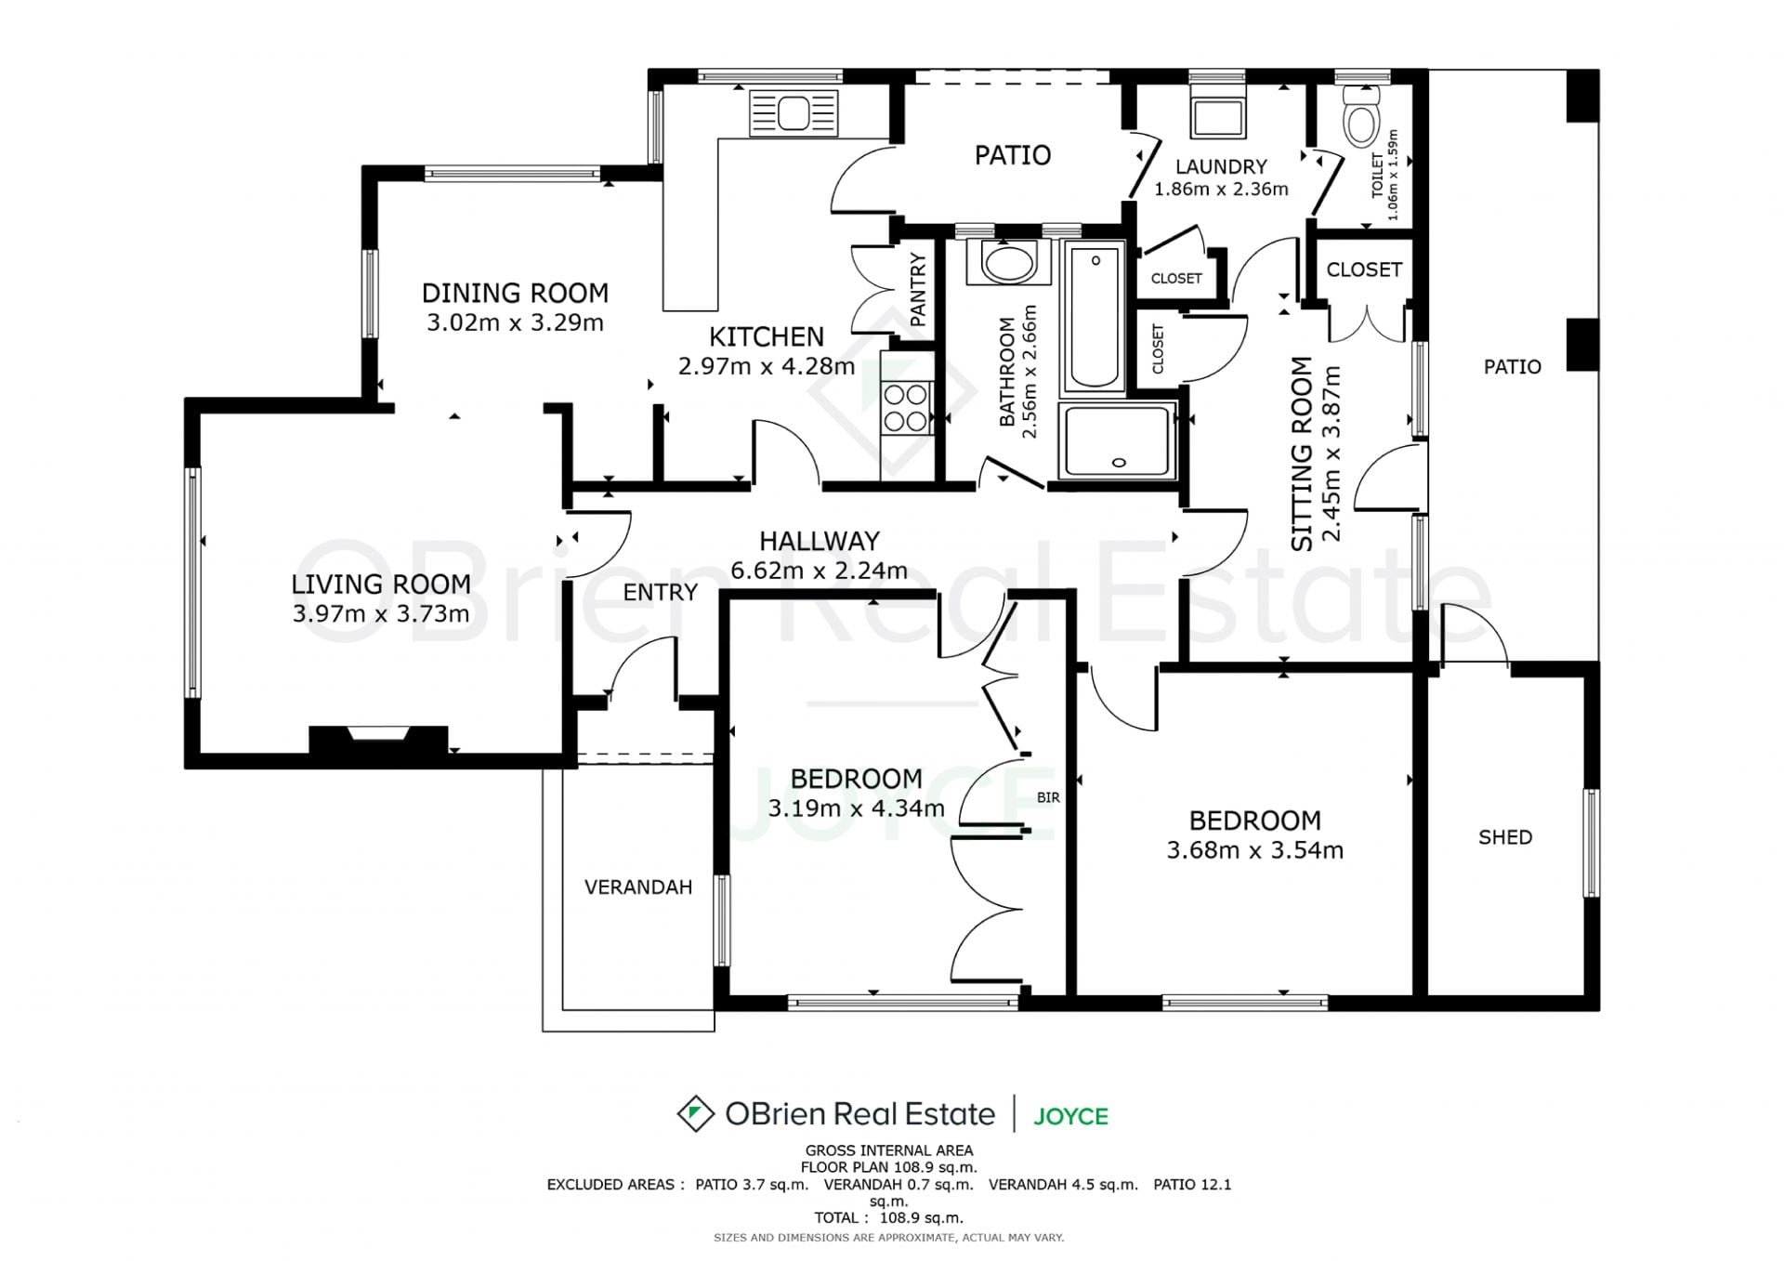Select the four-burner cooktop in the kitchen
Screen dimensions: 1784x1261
(x=905, y=408)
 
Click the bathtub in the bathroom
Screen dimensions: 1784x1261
(x=1094, y=317)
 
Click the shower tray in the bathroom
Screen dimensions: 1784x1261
(x=1118, y=441)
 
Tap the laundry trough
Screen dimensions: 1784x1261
(x=1217, y=114)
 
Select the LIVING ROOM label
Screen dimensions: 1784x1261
(x=381, y=584)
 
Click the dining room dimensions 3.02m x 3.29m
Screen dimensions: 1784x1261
(x=515, y=322)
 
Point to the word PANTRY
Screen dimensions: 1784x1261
(x=918, y=290)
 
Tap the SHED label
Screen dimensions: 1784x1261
(x=1505, y=837)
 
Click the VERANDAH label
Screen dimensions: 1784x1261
(x=638, y=887)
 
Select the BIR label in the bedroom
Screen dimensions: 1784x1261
(x=1048, y=797)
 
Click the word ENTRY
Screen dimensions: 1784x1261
(x=660, y=592)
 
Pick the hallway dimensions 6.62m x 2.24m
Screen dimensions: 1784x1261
(x=819, y=571)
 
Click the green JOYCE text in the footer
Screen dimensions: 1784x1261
(x=1071, y=1116)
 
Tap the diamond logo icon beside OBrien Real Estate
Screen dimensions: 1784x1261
(x=695, y=1113)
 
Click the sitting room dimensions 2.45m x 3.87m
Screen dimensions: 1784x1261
(x=1331, y=453)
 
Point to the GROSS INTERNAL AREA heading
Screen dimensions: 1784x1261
(x=889, y=1150)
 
